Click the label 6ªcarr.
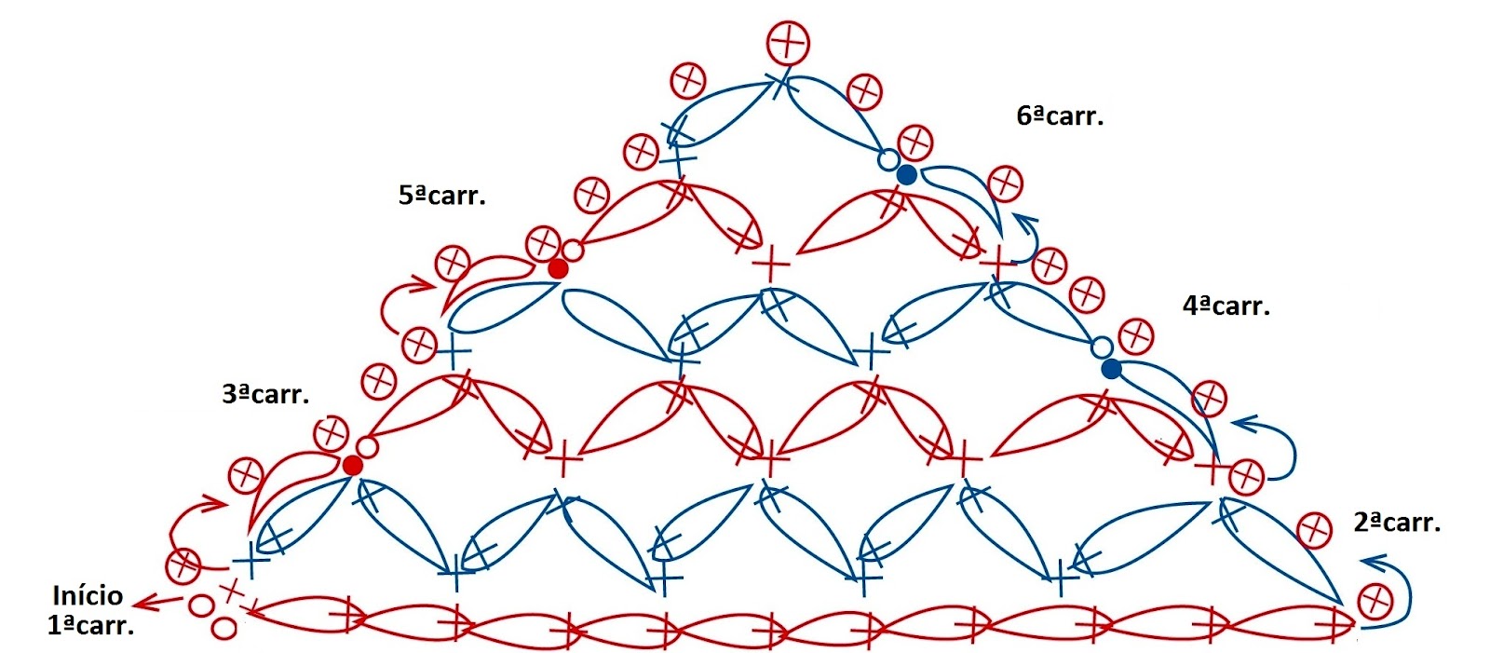1060,116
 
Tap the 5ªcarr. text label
442,196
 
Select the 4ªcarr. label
1226,306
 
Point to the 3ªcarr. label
265,394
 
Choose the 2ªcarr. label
1397,523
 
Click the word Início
88,596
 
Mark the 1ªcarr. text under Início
90,625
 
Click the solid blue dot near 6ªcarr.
906,174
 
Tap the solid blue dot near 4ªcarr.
1111,369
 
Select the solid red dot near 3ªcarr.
352,465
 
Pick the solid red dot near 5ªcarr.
558,268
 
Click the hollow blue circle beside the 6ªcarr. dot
888,159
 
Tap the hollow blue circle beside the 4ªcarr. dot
1101,348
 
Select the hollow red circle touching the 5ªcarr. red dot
573,251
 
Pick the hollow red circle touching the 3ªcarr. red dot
367,448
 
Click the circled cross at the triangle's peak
788,42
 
